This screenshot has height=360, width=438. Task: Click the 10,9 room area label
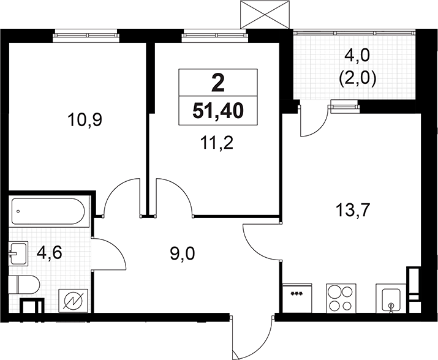click(85, 121)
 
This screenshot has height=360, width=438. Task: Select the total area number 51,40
click(218, 111)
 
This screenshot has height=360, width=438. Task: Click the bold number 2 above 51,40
click(218, 83)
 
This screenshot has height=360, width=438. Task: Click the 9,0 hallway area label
click(182, 254)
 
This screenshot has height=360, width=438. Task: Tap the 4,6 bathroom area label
click(49, 253)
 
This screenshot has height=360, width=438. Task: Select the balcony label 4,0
click(357, 56)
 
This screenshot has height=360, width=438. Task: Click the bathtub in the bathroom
click(48, 211)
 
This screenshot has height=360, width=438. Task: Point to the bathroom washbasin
click(18, 253)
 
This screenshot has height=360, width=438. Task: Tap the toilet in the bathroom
click(24, 285)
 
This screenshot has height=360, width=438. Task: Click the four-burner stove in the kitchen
click(341, 298)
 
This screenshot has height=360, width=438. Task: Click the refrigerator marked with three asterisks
click(296, 298)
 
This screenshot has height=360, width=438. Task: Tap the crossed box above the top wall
click(265, 14)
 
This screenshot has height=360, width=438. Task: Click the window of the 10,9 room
click(86, 36)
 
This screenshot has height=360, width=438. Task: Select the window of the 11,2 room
click(214, 36)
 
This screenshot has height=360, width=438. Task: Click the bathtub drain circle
click(18, 211)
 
